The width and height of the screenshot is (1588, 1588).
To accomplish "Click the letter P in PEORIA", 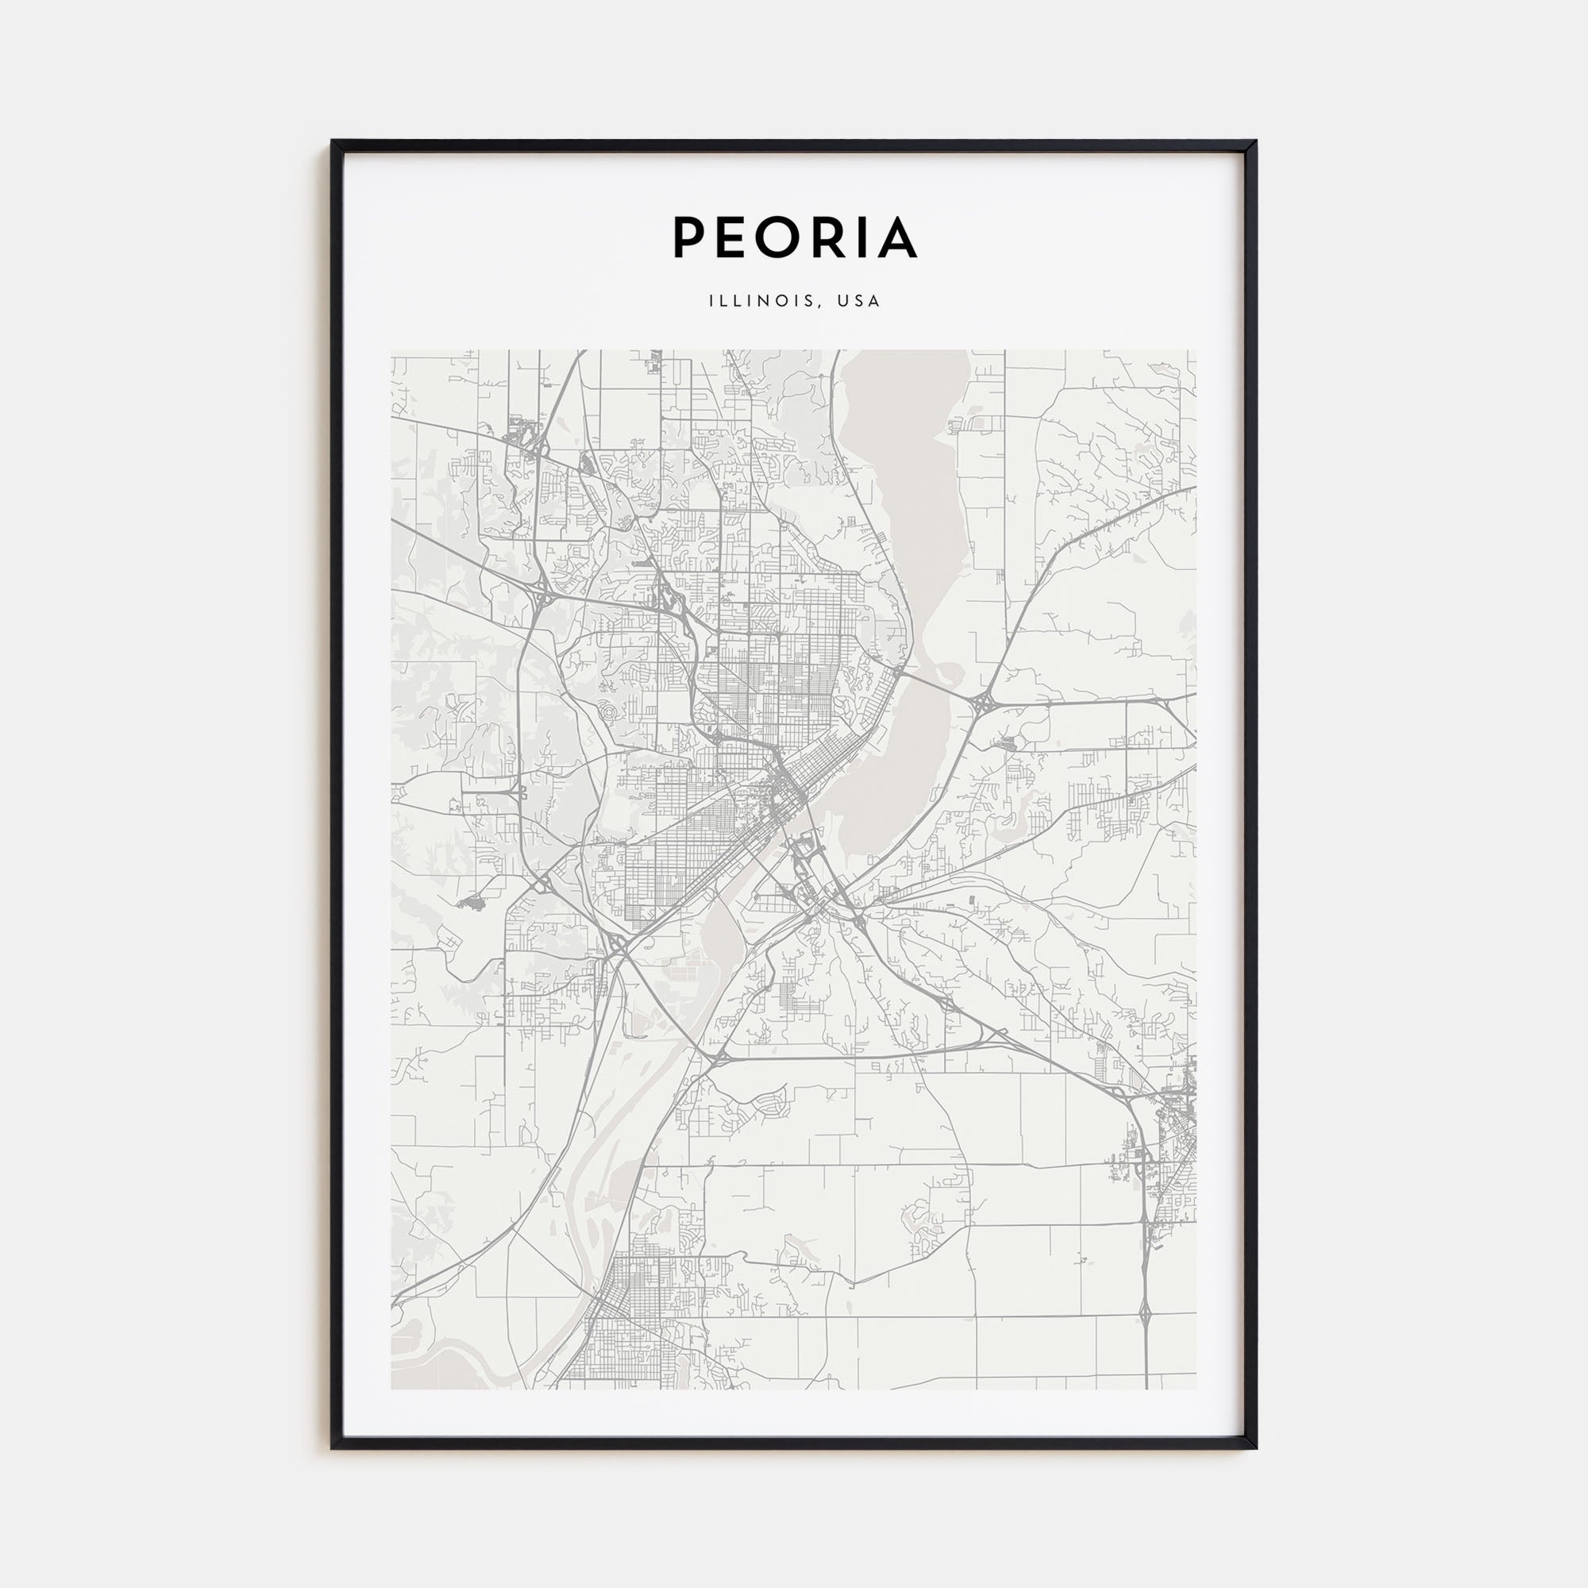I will tap(691, 237).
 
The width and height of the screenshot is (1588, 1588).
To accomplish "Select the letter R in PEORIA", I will tap(830, 237).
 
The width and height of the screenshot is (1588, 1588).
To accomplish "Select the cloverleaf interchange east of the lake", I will tap(983, 703).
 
